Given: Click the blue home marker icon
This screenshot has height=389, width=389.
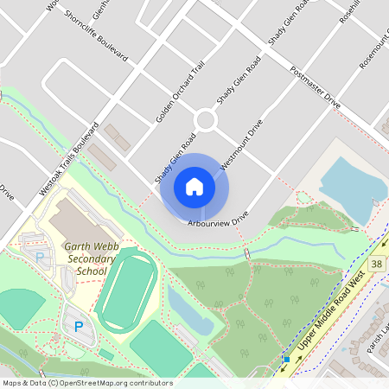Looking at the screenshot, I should pyautogui.click(x=194, y=186).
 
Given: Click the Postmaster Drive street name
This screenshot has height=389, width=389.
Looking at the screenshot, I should pyautogui.click(x=316, y=86).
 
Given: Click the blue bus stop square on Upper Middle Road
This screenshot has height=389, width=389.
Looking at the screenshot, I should pyautogui.click(x=286, y=359).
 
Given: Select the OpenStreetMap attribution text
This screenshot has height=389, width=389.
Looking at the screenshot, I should pyautogui.click(x=87, y=383).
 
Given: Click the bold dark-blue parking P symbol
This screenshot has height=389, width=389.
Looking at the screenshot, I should pyautogui.click(x=79, y=327).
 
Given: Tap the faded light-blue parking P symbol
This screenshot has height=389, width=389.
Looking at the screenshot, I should pyautogui.click(x=39, y=257).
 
